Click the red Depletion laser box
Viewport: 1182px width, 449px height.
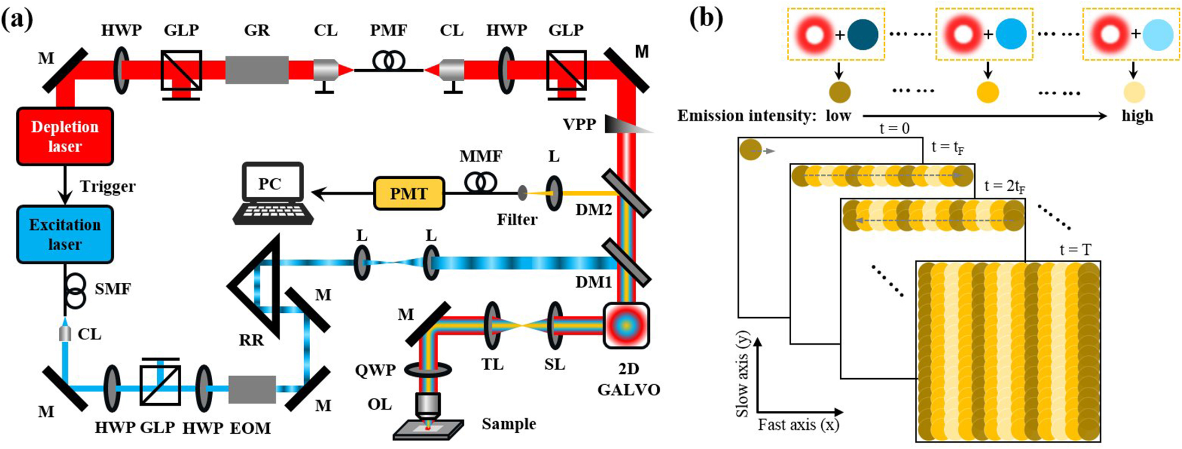[x=65, y=136]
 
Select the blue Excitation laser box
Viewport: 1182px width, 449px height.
[x=65, y=234]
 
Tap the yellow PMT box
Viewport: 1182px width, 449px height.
[x=409, y=193]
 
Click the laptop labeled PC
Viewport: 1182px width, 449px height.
[x=272, y=193]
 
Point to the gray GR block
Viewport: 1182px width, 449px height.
[x=257, y=69]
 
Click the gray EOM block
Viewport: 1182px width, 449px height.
[x=251, y=390]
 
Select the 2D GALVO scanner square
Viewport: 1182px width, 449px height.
[x=626, y=325]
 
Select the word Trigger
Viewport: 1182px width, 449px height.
[x=108, y=186]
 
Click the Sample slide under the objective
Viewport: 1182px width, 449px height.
[x=428, y=430]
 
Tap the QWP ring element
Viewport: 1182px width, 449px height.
[x=428, y=370]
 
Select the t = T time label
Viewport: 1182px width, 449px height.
[x=1075, y=250]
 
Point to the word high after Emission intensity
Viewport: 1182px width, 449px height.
[x=1137, y=116]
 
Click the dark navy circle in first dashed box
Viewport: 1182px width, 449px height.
[x=863, y=35]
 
